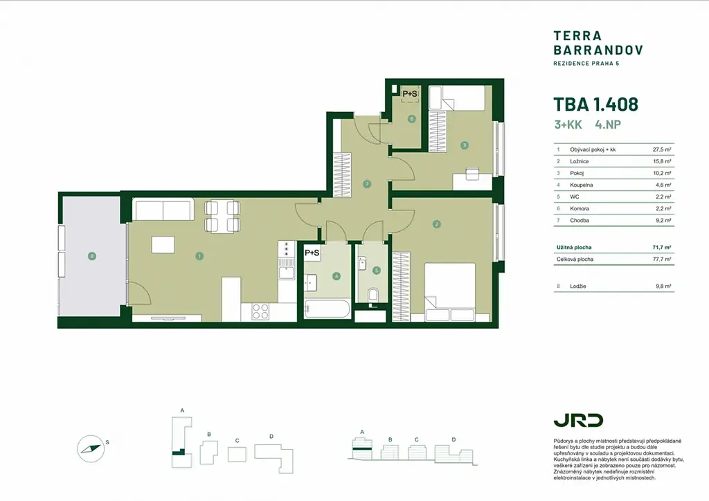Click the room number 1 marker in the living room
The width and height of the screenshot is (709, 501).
[199, 256]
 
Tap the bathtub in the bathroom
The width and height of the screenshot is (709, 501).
[327, 309]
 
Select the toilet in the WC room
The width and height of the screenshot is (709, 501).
[373, 295]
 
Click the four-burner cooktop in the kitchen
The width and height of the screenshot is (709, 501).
[260, 311]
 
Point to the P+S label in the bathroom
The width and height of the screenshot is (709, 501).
[312, 253]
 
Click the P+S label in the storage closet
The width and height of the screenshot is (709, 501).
[410, 94]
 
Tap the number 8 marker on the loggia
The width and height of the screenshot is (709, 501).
[92, 256]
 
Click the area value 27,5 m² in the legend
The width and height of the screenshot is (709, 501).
[661, 149]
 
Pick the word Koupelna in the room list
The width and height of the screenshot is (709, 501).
[581, 185]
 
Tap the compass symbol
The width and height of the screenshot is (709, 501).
[91, 449]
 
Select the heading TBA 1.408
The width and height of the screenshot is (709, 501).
[596, 104]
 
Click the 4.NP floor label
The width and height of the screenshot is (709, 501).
[608, 125]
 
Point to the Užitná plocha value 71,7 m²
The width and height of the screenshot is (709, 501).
[661, 248]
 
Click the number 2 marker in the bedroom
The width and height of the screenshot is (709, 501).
[436, 224]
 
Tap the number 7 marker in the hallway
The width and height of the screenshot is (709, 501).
[367, 184]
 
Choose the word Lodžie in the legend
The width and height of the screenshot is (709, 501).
[578, 286]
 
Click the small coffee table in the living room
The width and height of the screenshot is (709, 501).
[163, 245]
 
